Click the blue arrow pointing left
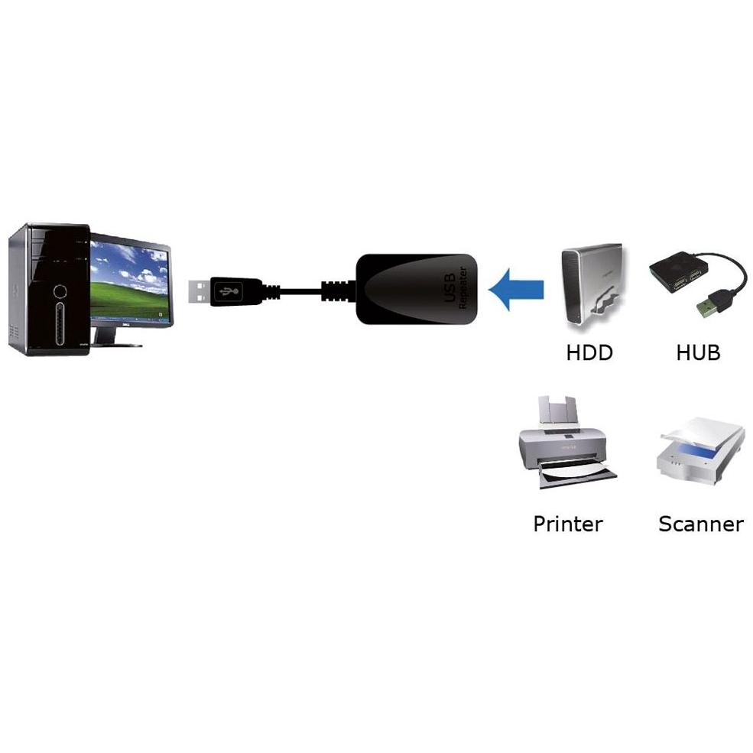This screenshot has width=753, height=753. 516,289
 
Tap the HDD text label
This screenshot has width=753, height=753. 589,352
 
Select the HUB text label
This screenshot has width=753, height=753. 698,352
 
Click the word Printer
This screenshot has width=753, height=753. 568,524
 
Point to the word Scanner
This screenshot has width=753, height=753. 701,524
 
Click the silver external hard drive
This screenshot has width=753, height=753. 592,286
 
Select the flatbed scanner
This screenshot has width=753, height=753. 701,450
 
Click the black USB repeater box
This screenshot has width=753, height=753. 417,289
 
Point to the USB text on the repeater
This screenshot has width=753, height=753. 450,289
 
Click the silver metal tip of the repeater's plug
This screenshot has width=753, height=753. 199,291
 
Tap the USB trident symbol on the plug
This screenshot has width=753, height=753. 229,291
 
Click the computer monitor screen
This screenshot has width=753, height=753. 129,281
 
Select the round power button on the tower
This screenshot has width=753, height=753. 60,291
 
